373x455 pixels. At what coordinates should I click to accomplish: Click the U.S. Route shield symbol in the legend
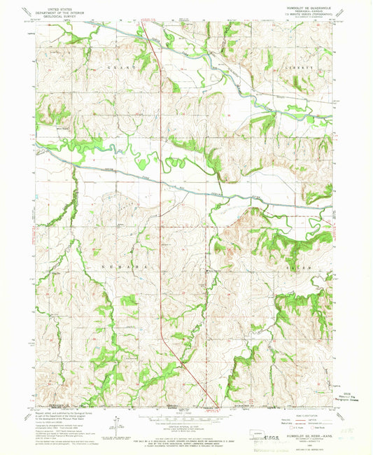(x=295, y=426)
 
